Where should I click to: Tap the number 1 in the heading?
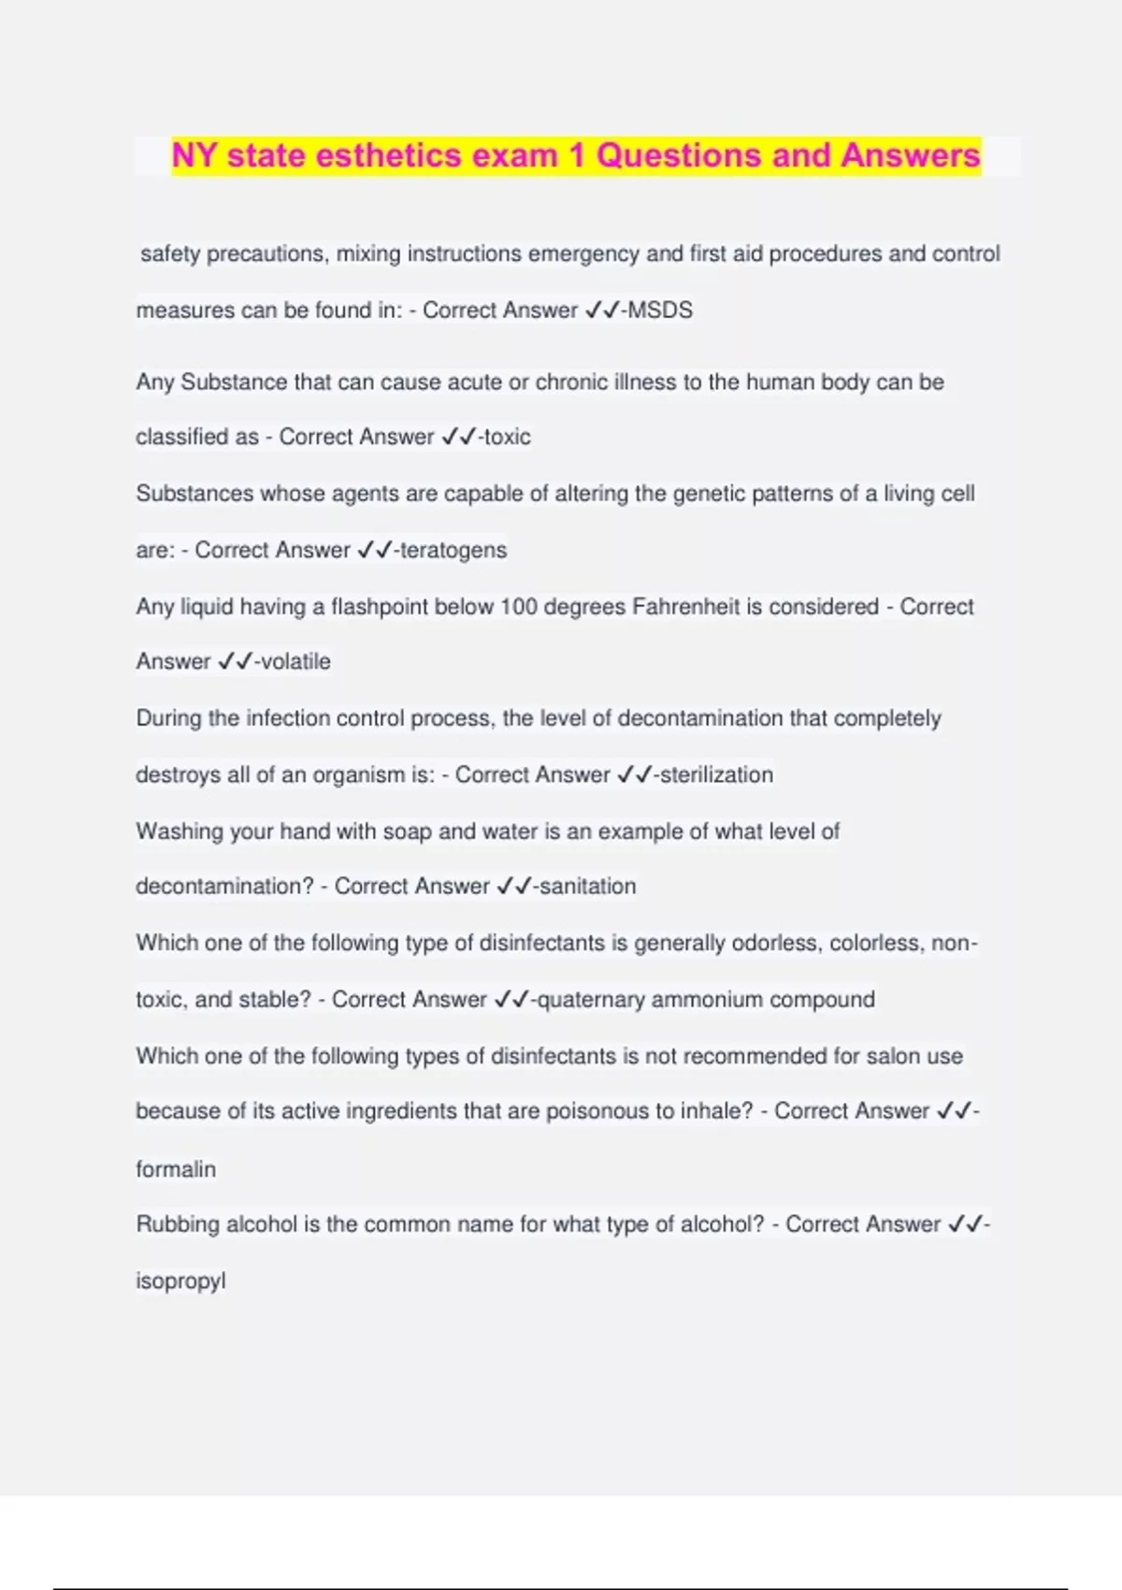577,155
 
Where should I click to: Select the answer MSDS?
660,311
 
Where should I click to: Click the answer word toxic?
508,437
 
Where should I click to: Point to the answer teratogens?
453,550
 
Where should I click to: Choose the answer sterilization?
717,774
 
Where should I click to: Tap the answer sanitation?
588,886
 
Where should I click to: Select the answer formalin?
176,1169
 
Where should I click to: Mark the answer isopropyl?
180,1281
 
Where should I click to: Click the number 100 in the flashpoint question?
519,607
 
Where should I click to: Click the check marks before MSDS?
602,311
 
